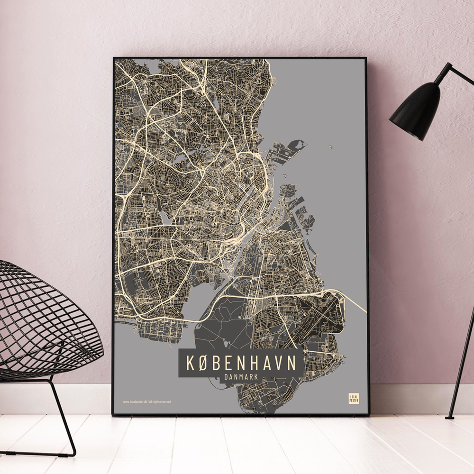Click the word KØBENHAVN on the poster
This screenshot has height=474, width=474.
(241, 363)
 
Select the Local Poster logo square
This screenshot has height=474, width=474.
(354, 398)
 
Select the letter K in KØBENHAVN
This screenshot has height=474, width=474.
(190, 363)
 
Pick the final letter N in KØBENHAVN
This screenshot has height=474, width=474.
(292, 363)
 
